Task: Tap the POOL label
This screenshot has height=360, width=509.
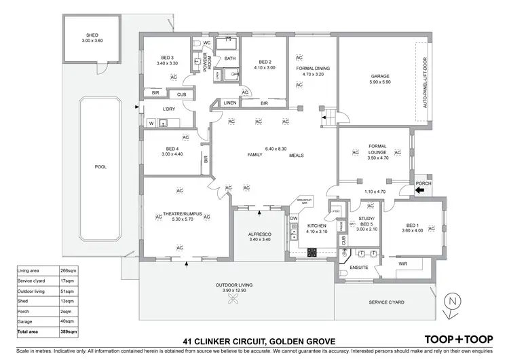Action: coord(100,166)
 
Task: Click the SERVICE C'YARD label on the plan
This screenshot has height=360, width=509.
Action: coord(387,302)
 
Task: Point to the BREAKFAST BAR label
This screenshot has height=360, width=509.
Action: coord(303,202)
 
